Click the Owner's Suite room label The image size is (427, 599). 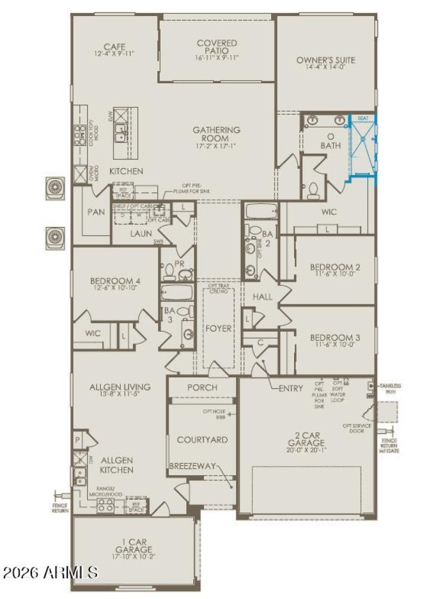[x=326, y=60]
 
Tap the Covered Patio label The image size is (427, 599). [x=217, y=47]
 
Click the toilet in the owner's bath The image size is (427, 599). [x=313, y=190]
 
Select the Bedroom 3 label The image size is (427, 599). [x=335, y=337]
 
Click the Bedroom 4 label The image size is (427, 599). [x=115, y=281]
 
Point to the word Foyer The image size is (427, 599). [x=219, y=328]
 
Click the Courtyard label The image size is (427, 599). [x=202, y=439]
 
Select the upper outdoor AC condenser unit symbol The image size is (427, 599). [x=55, y=187]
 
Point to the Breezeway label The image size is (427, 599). [x=192, y=466]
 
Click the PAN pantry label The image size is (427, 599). [x=96, y=212]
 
